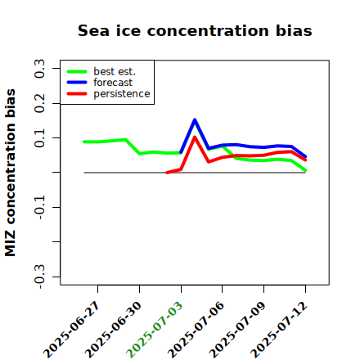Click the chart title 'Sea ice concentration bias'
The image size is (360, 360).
(195, 30)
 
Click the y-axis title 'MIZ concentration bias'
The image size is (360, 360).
(10, 173)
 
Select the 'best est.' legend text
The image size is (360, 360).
(115, 71)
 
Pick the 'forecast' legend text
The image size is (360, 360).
(113, 83)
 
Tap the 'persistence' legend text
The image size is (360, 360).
(122, 94)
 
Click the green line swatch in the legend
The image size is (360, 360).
(77, 71)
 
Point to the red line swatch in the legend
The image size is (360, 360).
(77, 94)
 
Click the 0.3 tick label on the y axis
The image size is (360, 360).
(39, 69)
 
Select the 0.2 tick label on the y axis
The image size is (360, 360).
(39, 103)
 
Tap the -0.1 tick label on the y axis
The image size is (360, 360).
(39, 207)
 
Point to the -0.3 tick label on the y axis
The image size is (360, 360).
(39, 277)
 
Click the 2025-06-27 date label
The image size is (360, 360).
(71, 330)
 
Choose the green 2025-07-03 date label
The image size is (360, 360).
(155, 330)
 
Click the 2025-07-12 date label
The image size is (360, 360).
(279, 330)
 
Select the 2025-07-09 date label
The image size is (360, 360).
(237, 330)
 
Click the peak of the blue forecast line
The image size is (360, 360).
(195, 119)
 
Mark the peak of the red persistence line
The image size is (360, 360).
(195, 137)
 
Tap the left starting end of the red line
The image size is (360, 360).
(167, 173)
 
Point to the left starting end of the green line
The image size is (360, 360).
(84, 142)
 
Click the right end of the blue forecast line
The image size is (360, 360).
(305, 156)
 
